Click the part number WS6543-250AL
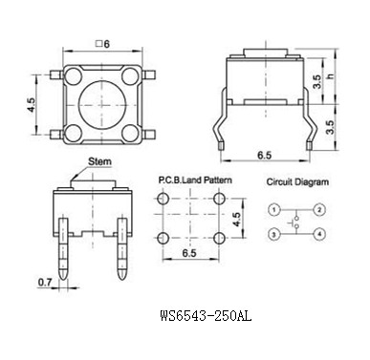tap(206, 316)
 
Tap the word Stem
tap(99, 161)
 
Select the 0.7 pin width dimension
tap(45, 282)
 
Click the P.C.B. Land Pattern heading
tap(195, 180)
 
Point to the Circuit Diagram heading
tap(297, 182)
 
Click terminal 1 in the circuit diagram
tap(274, 210)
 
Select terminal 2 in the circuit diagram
tap(319, 210)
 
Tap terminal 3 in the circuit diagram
tap(274, 235)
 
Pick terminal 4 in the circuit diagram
tap(319, 235)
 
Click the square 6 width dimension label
tap(102, 44)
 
